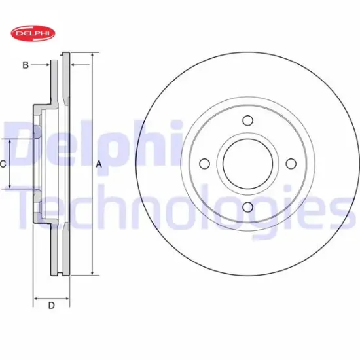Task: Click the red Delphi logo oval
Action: pyautogui.click(x=33, y=33)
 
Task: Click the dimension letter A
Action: pyautogui.click(x=99, y=164)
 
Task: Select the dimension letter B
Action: pyautogui.click(x=26, y=65)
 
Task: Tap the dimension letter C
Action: pyautogui.click(x=3, y=164)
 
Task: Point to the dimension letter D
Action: pyautogui.click(x=52, y=306)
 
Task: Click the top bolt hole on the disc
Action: pyautogui.click(x=248, y=120)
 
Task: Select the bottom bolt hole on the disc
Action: pyautogui.click(x=248, y=207)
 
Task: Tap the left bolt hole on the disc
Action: pyautogui.click(x=205, y=164)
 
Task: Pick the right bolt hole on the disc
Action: pyautogui.click(x=291, y=164)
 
